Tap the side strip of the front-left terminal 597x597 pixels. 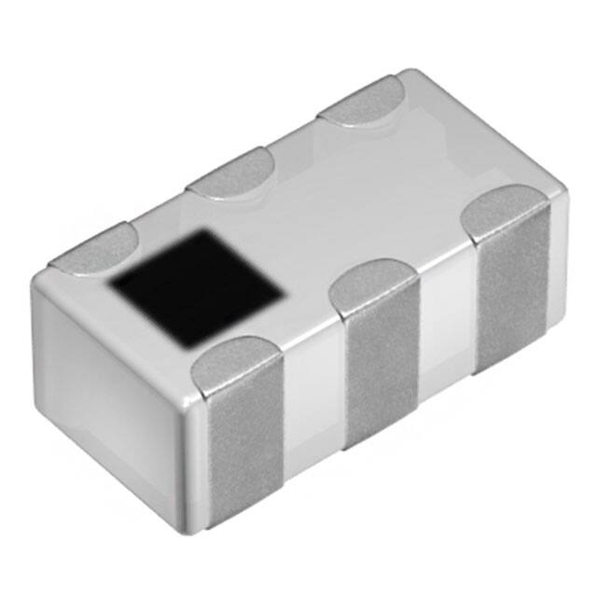point(241,438)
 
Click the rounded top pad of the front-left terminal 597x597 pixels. point(233,359)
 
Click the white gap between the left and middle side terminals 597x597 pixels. point(312,401)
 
